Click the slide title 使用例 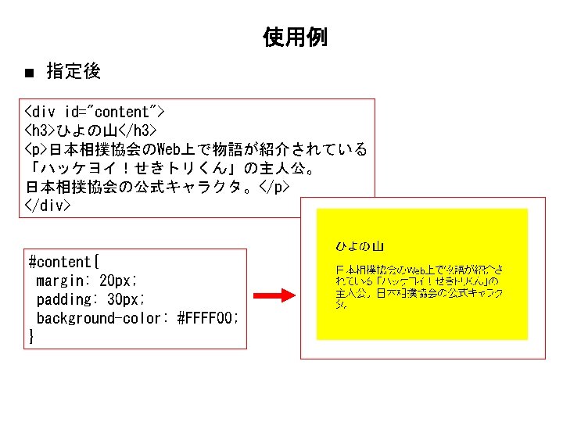[x=295, y=37]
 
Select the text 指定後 [x=74, y=72]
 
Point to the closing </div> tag [x=48, y=206]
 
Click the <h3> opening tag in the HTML [x=40, y=131]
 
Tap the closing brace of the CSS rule [x=31, y=337]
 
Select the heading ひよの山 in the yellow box [x=360, y=246]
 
